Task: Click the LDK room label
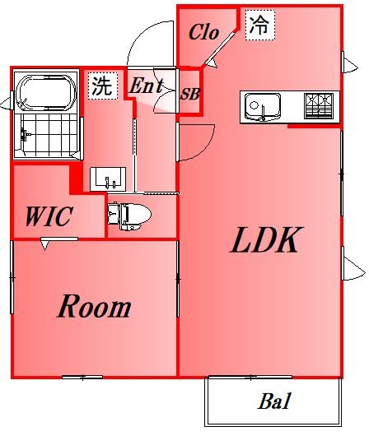[x=266, y=239]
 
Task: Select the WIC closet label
[x=49, y=216]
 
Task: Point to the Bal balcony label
[x=274, y=401]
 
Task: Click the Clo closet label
[x=203, y=32]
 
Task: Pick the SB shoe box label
[x=190, y=94]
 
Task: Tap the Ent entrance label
[x=147, y=85]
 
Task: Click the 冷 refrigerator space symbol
[x=260, y=25]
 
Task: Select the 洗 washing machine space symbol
[x=102, y=85]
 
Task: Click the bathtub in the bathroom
[x=46, y=93]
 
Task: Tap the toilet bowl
[x=129, y=216]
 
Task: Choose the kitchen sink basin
[x=262, y=106]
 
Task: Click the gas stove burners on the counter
[x=319, y=106]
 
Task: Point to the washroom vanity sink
[x=108, y=179]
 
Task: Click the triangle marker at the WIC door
[x=44, y=245]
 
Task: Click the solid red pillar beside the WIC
[x=76, y=179]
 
